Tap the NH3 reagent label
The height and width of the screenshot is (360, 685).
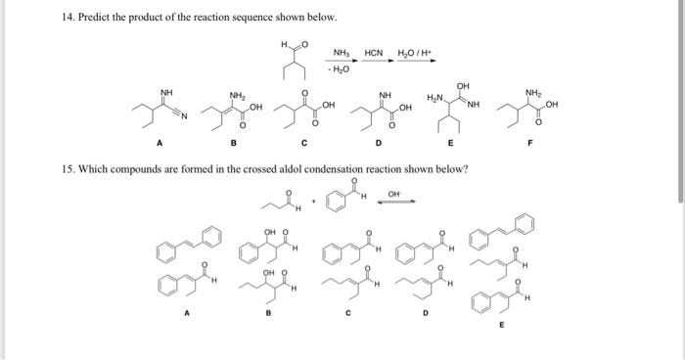341,52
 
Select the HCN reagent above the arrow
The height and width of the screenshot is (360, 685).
374,52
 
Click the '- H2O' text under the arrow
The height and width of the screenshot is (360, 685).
341,68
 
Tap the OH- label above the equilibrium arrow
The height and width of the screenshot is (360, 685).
393,195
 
